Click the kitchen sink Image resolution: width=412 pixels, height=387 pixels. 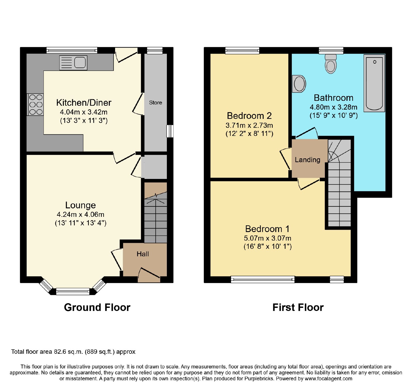[73, 63]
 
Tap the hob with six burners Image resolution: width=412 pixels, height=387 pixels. [36, 104]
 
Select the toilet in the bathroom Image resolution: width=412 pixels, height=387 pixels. [331, 64]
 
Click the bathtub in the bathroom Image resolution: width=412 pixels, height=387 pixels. [374, 83]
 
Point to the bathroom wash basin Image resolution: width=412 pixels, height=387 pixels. [299, 84]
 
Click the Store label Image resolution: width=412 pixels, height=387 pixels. [156, 103]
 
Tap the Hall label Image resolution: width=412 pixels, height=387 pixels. [143, 254]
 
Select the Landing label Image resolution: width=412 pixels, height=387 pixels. [307, 160]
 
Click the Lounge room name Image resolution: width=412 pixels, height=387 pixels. [81, 205]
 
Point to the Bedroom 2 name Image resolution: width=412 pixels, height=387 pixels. [249, 116]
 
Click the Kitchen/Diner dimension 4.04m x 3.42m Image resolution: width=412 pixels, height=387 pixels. [84, 112]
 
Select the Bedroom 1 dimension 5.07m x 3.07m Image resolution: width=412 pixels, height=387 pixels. [268, 238]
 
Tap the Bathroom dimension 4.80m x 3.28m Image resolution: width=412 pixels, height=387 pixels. [333, 107]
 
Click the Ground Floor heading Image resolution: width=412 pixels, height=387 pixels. [97, 307]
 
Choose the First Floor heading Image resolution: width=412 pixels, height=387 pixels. [298, 307]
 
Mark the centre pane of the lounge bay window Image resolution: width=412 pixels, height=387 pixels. [73, 292]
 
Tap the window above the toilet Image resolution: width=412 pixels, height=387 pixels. [331, 51]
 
